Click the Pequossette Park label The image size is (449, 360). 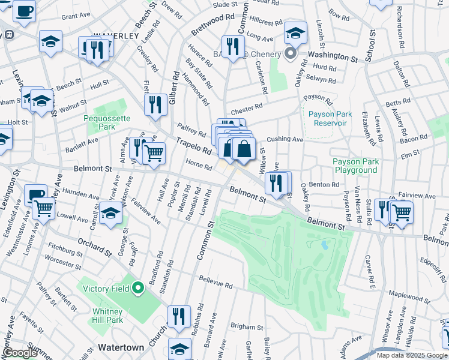pos(107,123)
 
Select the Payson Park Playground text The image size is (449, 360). pos(355,166)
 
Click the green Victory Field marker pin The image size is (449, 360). pos(138,289)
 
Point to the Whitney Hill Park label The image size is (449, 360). pos(108,316)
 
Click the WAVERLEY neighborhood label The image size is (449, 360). pos(116,35)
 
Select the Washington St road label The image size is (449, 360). pos(333,56)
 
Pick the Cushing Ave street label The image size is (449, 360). pos(285,139)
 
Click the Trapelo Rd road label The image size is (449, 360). pos(193,145)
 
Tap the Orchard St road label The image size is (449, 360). pos(94,246)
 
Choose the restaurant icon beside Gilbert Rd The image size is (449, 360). pos(156,104)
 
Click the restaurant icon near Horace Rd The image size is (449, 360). pos(232,46)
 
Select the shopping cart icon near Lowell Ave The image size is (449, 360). pos(43,208)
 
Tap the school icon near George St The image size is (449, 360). pos(110,212)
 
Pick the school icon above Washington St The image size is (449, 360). pos(295,33)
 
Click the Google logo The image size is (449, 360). pos(20,353)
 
